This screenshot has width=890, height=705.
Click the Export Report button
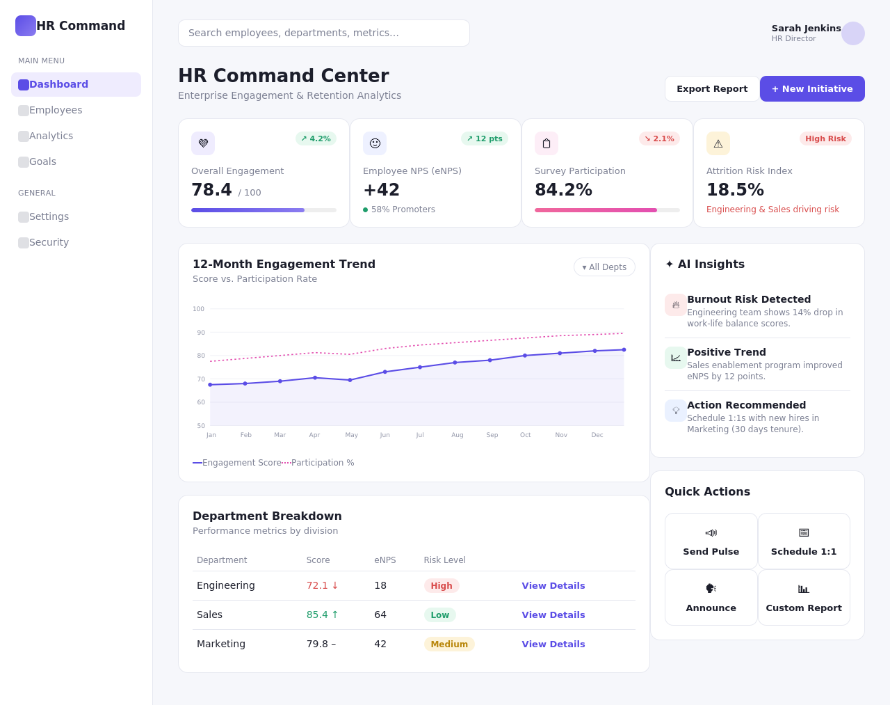pos(712,88)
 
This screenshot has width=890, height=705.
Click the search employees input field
pos(324,33)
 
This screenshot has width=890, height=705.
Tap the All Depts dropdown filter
pos(604,267)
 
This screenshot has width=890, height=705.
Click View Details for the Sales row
pos(553,615)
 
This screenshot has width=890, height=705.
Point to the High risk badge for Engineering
pos(442,586)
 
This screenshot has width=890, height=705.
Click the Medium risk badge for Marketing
pos(449,644)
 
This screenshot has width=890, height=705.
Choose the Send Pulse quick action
pos(711,541)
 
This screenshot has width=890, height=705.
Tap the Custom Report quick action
pos(804,597)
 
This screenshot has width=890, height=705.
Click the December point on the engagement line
pos(624,350)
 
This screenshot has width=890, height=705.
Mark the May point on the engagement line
pos(350,380)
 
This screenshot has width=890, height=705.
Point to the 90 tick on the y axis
pos(200,333)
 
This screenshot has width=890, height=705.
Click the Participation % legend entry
pos(318,462)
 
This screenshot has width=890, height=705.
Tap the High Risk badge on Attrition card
pos(825,138)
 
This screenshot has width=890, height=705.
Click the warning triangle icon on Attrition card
pos(718,143)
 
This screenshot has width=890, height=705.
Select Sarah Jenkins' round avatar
pos(852,33)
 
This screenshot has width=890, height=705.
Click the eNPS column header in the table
pos(385,560)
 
